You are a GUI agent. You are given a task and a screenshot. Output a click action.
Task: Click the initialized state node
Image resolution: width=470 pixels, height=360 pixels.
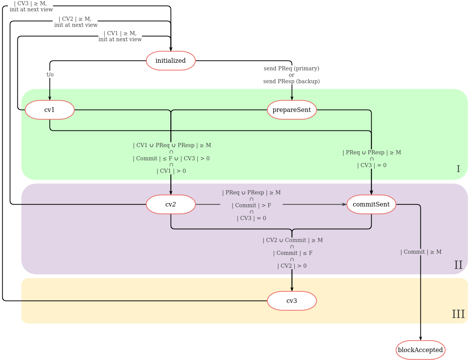point(171,61)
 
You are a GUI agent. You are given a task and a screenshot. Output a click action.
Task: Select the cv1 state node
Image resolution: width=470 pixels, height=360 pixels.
point(50,110)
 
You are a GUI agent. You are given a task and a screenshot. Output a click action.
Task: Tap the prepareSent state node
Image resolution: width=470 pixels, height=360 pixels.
point(292,110)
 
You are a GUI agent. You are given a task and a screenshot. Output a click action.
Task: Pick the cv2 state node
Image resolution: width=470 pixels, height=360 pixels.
point(171,204)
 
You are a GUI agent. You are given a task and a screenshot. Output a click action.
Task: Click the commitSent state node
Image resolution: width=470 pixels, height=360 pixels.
point(371,204)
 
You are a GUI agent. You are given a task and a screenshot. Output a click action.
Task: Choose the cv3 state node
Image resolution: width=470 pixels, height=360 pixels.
point(292,301)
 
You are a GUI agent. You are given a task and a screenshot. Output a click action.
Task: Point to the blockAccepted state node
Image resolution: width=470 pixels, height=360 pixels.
point(420,350)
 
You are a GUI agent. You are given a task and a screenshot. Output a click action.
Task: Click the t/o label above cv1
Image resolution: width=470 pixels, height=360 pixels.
point(50,74)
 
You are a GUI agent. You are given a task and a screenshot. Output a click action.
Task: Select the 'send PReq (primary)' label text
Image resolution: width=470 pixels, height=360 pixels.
point(291,68)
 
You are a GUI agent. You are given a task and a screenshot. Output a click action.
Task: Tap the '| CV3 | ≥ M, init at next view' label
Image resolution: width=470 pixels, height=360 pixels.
point(31,6)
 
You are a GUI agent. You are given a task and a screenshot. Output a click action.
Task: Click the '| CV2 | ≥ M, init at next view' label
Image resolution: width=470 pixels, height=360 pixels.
point(75,22)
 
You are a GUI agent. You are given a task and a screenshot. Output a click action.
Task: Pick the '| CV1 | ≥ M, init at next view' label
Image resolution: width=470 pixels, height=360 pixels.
point(120,36)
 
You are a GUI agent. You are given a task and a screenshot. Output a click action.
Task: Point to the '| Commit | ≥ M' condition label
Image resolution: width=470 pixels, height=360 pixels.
point(421,252)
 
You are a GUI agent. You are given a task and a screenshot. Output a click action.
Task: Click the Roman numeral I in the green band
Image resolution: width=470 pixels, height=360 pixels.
point(458,169)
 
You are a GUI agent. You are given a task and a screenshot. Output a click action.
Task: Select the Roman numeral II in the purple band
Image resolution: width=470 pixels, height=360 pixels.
point(458,265)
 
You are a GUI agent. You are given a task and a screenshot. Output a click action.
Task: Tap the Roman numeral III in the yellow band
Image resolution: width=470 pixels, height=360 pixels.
point(458,314)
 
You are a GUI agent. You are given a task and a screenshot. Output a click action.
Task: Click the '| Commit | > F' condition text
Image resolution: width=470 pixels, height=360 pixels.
point(251,205)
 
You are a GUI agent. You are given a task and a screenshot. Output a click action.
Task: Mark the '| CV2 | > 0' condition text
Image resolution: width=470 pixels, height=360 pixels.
point(292,266)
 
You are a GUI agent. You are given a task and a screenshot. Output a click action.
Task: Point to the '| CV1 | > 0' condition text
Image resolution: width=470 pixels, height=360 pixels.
point(171,171)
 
